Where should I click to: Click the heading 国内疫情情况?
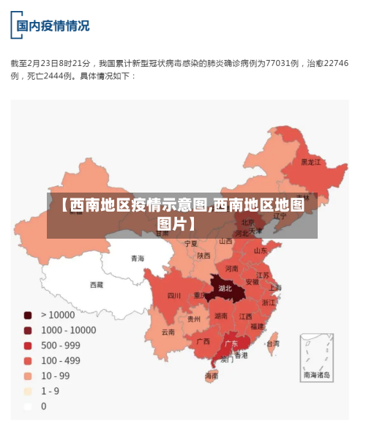click(53, 26)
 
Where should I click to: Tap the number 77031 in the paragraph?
click(279, 64)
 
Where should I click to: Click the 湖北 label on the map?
click(225, 288)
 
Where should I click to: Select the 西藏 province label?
click(97, 285)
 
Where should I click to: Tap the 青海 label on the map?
click(138, 258)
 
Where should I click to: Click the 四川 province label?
click(173, 296)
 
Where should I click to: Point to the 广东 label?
click(231, 343)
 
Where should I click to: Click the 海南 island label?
click(212, 376)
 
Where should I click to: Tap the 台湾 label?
click(272, 343)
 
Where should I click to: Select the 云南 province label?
click(168, 332)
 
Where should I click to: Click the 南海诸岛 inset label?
click(317, 374)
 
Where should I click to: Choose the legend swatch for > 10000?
click(28, 315)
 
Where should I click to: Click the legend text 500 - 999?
click(61, 345)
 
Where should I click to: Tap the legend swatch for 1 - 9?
click(28, 391)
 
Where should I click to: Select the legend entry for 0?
click(43, 406)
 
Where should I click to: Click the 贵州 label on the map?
click(194, 319)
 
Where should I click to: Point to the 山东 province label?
click(261, 250)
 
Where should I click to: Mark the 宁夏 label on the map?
click(190, 242)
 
